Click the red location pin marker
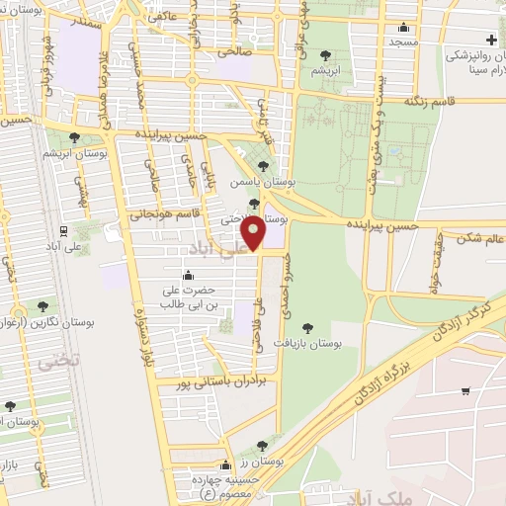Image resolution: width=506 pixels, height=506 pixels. pyautogui.click(x=254, y=232)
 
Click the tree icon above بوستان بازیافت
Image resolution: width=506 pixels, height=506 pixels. pyautogui.click(x=308, y=327)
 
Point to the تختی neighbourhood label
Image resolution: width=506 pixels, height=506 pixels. pyautogui.click(x=49, y=363)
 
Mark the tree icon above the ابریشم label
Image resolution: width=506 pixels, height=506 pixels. pyautogui.click(x=327, y=54)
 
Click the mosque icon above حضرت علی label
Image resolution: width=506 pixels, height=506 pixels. pyautogui.click(x=188, y=276)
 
